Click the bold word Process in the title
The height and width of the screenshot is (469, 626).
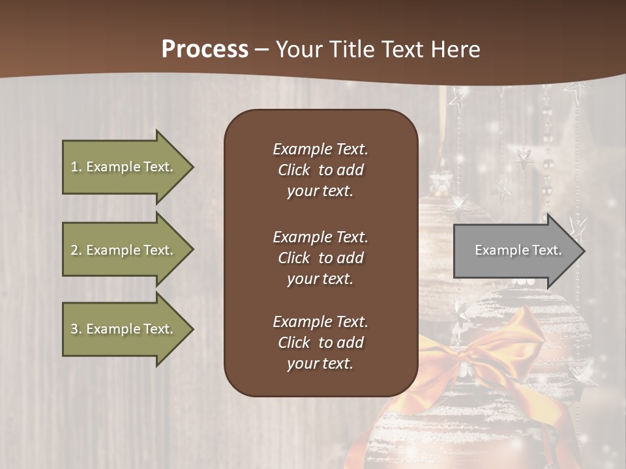point(205,49)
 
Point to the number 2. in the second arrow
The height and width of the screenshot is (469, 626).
point(76,250)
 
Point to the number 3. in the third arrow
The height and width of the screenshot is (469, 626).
point(76,329)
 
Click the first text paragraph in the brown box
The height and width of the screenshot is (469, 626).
point(320,170)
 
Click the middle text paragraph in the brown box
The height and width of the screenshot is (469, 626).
point(320,258)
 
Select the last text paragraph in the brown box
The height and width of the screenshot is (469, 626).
point(320,343)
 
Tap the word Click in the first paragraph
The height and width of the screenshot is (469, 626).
point(294,170)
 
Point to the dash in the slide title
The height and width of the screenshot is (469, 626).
point(261,50)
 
